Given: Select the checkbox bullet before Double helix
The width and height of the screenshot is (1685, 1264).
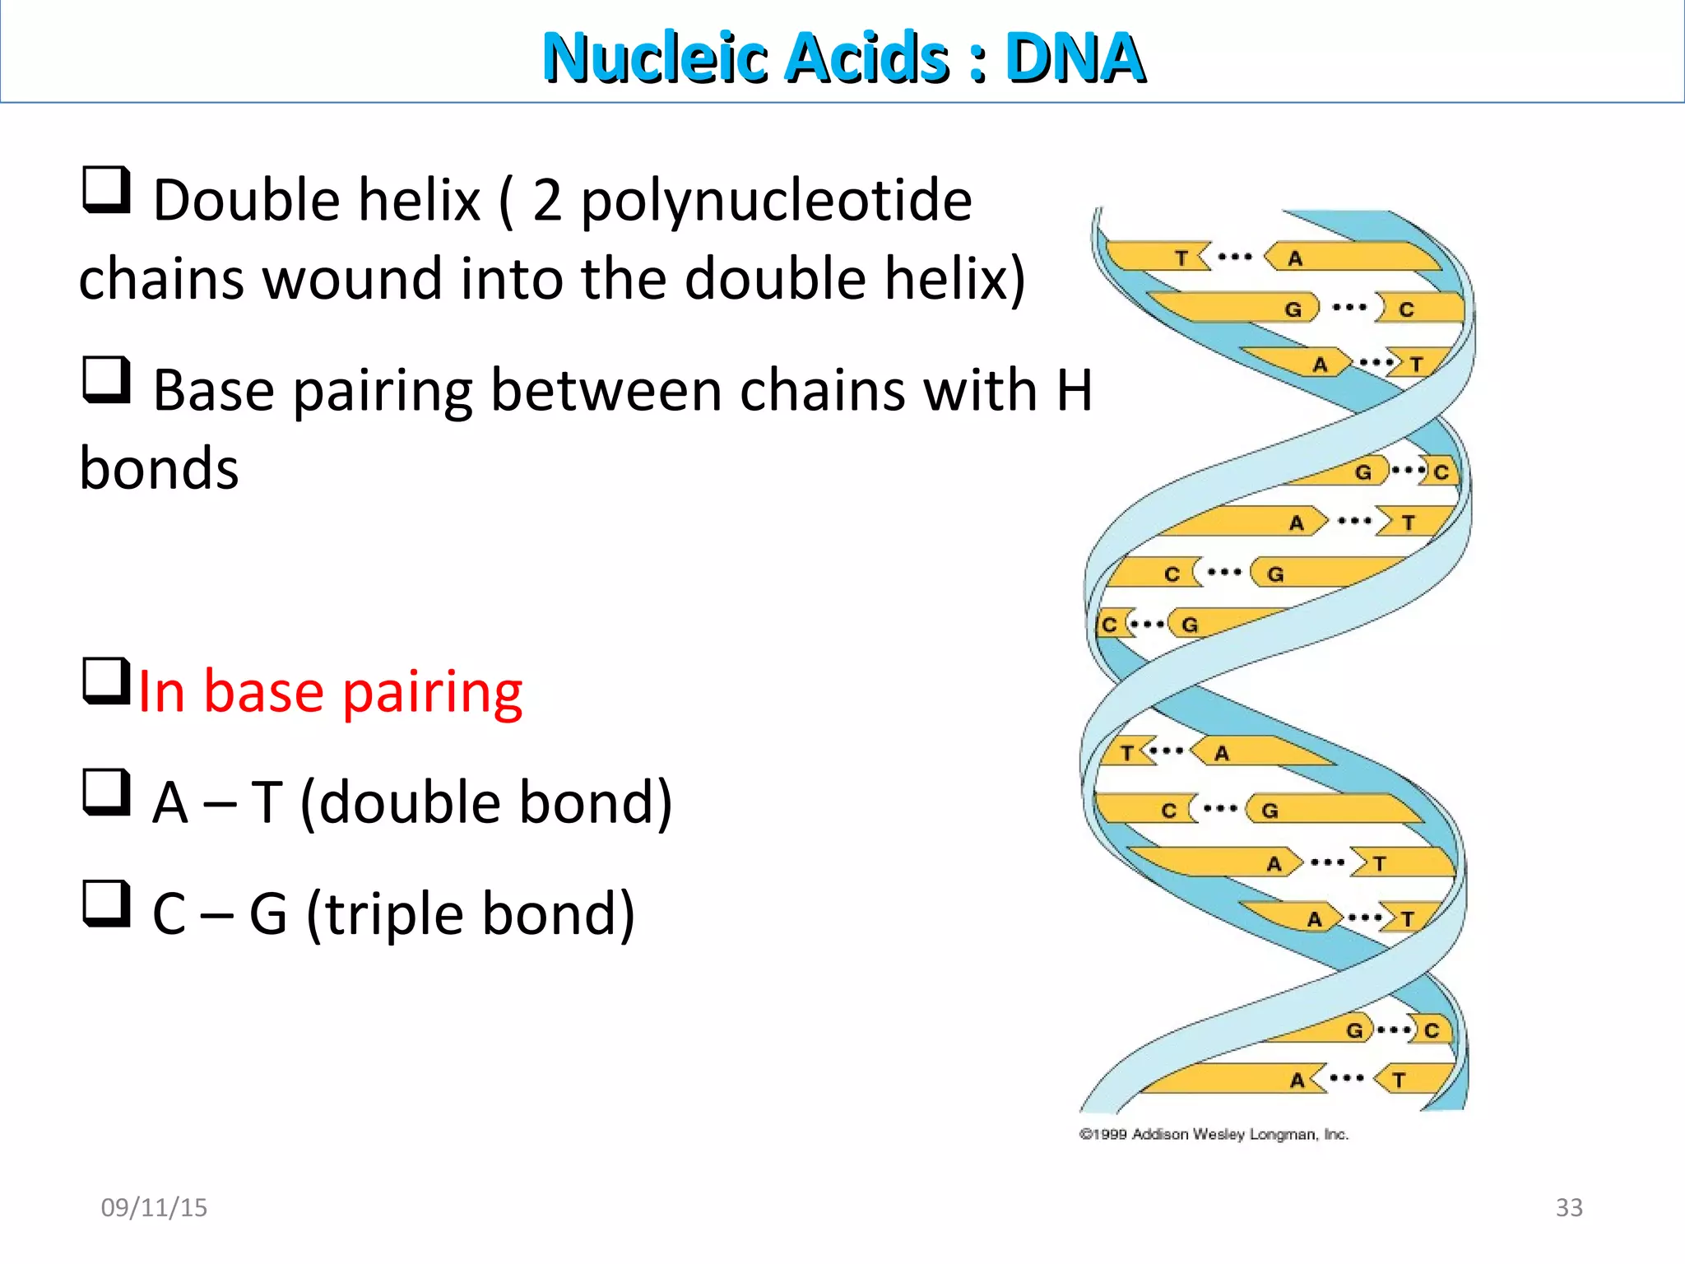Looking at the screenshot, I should point(107,190).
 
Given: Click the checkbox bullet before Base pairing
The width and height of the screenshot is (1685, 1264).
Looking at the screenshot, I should point(107,380).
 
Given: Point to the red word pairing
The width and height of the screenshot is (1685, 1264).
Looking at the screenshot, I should point(433,694).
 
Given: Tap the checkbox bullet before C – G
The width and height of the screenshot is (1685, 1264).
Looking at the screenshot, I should point(107,904).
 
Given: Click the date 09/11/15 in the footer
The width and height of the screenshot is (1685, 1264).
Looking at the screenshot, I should point(154,1207).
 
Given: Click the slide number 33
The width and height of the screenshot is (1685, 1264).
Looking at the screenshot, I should point(1568,1207).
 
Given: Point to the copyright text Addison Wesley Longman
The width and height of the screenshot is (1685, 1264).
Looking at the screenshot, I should point(1240,1134).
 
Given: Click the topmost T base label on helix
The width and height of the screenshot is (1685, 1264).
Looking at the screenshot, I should point(1181,258).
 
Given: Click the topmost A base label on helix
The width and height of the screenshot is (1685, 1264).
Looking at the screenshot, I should point(1295,258).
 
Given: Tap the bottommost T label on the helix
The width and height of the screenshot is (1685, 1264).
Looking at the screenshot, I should point(1399,1080).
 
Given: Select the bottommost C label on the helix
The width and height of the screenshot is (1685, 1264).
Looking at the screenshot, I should point(1432,1030).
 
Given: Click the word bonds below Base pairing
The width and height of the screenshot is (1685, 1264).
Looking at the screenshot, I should point(159,469).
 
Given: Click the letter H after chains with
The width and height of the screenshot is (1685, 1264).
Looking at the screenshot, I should point(1075,390).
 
